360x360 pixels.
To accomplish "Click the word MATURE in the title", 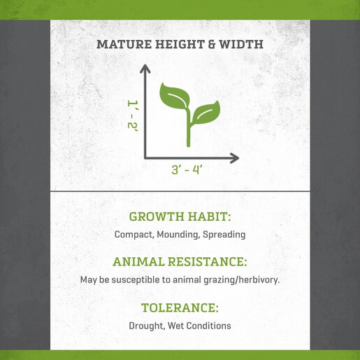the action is point(124,44).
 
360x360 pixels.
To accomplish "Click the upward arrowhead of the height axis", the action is point(145,69).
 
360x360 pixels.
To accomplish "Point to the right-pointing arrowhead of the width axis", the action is point(235,158).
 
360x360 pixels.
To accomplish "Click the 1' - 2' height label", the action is point(133,115).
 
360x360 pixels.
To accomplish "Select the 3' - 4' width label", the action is point(186,170).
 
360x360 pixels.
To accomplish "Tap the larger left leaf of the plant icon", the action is point(174,96).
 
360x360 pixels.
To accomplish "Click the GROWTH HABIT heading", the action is point(180,217).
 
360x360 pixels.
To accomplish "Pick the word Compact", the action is point(134,234).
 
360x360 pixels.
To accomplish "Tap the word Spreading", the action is point(224,234).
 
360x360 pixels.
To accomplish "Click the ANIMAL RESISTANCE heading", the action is point(180,261).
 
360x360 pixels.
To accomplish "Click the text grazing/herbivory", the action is point(242,280).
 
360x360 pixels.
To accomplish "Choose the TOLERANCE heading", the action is point(180,308).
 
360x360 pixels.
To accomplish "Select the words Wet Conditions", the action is point(199,326).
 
